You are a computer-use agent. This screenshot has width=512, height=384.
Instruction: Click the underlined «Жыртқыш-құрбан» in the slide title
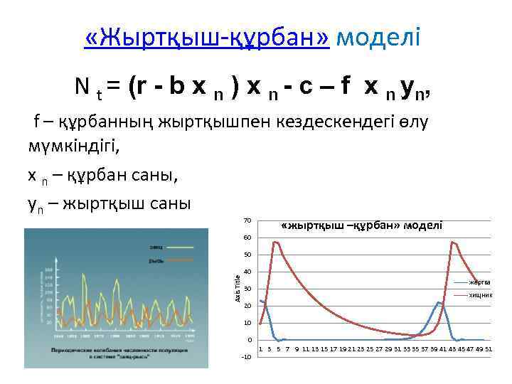[x=206, y=37]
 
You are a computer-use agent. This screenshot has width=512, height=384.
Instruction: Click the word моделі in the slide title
[x=378, y=37]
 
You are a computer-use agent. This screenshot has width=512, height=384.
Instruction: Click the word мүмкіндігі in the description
[x=71, y=148]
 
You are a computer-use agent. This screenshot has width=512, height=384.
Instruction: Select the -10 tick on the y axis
[x=246, y=356]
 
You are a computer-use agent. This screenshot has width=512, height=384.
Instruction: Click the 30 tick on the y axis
[x=247, y=288]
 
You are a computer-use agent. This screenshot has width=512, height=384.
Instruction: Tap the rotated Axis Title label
[x=238, y=285]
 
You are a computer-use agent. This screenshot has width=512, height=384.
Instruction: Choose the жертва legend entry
[x=479, y=282]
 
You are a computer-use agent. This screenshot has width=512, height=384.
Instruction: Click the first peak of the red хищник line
[x=276, y=242]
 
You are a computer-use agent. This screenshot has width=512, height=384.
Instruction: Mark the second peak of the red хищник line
[x=452, y=242]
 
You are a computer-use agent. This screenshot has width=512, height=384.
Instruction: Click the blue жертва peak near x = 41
[x=440, y=302]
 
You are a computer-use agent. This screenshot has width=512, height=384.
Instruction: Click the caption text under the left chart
[x=117, y=354]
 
